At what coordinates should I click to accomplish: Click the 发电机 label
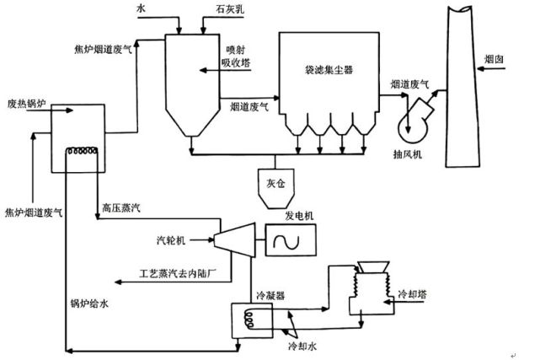(299, 217)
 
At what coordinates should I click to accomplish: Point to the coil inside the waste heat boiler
(83, 152)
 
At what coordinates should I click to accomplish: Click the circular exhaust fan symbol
(415, 117)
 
